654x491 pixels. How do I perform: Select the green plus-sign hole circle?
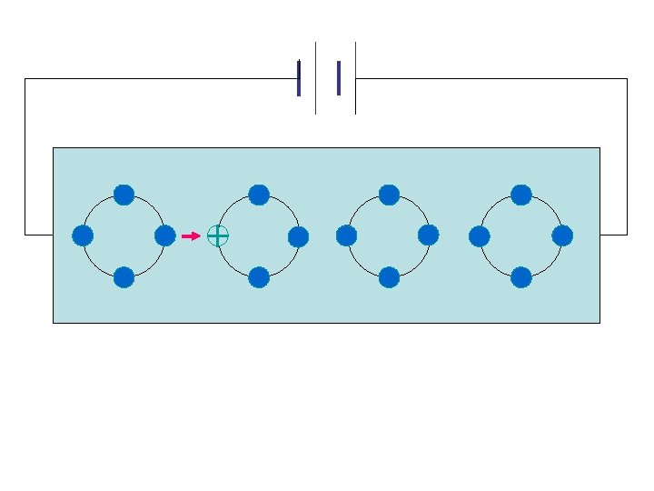218,236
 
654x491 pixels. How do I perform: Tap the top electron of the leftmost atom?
124,195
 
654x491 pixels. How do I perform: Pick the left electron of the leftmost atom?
83,236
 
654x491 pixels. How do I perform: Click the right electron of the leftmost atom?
165,236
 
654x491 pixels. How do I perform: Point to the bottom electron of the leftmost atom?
124,277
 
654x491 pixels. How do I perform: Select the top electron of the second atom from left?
259,195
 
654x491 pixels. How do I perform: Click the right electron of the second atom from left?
298,237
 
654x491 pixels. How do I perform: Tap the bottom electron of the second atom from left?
259,277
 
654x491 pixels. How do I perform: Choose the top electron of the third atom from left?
389,195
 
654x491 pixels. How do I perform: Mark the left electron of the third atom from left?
346,236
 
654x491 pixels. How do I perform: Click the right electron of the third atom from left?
429,235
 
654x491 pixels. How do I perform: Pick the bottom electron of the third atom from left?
389,277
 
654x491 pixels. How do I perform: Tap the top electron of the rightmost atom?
521,195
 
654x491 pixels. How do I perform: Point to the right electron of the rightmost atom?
562,236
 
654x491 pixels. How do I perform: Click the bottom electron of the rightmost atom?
521,277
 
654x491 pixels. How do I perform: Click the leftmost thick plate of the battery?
299,78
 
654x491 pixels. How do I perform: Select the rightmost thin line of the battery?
355,78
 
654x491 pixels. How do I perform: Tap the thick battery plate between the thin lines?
339,78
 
